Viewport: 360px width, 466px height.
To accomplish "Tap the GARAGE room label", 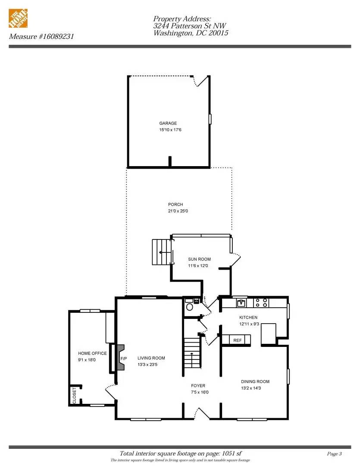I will coord(168,123).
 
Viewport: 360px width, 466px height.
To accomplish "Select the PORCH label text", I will coord(175,205).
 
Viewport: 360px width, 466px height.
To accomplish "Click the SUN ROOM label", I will coord(199,259).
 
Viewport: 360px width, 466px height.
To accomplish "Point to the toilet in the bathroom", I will coord(188,307).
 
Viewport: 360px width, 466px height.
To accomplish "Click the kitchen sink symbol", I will coord(241,303).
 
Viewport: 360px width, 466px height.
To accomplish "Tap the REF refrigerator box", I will coord(237,340).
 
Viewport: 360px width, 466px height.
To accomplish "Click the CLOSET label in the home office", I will coord(74,396).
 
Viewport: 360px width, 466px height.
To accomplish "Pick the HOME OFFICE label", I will coord(92,353).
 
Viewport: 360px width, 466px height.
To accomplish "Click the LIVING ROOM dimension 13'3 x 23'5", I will coord(151,365).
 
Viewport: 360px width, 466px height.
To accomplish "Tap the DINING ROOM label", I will coord(255,381).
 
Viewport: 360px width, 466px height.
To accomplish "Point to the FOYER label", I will coord(198,386).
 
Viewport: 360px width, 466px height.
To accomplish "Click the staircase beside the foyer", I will coord(193,354).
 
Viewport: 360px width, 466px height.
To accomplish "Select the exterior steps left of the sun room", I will coord(161,252).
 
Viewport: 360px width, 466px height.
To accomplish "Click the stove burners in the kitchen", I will coord(261,303).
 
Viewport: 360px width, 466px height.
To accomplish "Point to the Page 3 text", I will coord(335,453).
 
